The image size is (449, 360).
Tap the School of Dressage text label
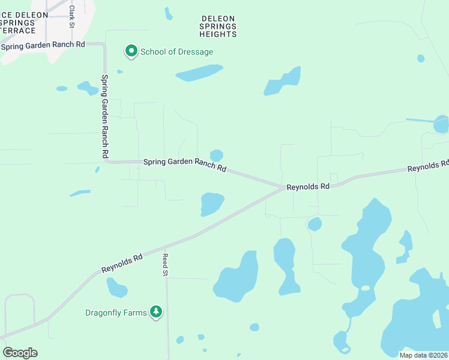(x=176, y=52)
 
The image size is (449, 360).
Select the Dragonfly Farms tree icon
(x=156, y=311)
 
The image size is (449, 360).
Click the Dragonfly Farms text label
(x=116, y=313)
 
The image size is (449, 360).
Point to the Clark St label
(x=71, y=17)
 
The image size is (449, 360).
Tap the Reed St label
(x=165, y=265)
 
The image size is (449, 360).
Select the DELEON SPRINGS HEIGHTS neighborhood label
(x=218, y=26)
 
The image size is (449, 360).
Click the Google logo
(x=20, y=353)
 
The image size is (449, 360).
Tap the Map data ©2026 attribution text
(x=423, y=355)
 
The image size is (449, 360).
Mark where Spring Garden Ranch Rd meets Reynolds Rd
(x=282, y=187)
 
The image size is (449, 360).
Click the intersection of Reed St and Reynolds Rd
(x=165, y=246)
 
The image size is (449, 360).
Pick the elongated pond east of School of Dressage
(x=199, y=74)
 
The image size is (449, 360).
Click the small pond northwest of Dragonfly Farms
(x=116, y=288)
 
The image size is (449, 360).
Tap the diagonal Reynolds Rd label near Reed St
(x=122, y=263)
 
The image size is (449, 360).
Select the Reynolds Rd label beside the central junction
(x=309, y=187)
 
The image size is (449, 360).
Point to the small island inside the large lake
(x=364, y=289)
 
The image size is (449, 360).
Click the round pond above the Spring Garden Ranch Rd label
(x=217, y=155)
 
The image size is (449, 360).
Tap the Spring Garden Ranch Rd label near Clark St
(x=43, y=46)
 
